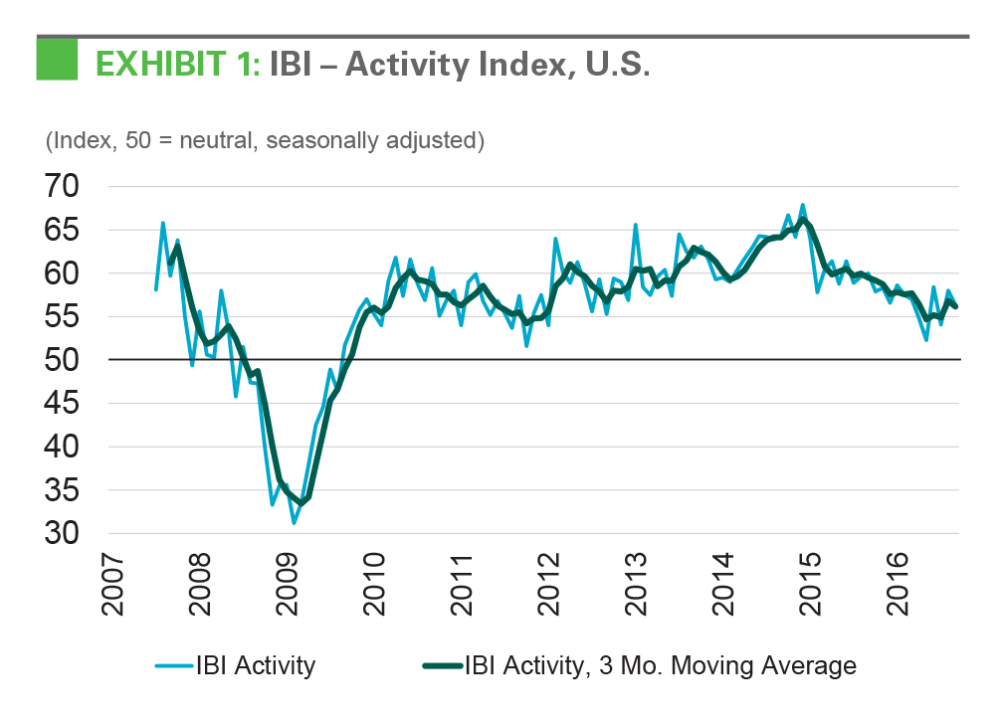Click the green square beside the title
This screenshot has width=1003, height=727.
58,62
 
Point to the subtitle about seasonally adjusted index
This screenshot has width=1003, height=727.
265,140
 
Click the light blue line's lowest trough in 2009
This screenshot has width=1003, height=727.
294,522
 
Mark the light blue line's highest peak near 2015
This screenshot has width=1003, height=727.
803,205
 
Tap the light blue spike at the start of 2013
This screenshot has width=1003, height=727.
635,225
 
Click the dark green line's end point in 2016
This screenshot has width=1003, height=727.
955,306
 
